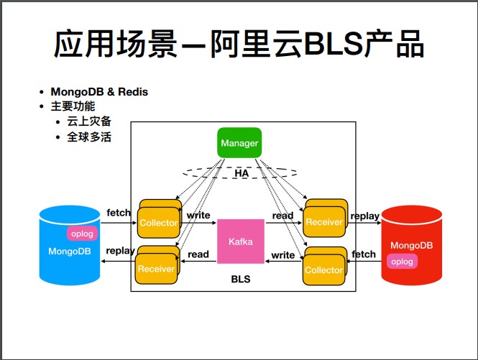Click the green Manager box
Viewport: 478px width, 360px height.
coord(239,143)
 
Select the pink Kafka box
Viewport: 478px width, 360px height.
coord(241,241)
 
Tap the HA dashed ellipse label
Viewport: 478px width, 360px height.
coord(241,173)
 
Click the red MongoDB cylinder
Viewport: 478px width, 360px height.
coord(411,244)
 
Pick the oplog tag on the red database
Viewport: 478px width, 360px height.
coord(402,262)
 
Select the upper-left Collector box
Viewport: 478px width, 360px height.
coord(159,222)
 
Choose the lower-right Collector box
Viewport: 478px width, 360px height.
coord(323,269)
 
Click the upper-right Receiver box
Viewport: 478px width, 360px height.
coord(324,221)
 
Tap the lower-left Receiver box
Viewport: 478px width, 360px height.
coord(157,268)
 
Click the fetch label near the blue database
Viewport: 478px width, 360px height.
coord(119,213)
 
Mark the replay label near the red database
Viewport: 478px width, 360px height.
coord(365,215)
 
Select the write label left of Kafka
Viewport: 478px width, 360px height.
coord(198,215)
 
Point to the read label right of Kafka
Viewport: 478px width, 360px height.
coord(283,215)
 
